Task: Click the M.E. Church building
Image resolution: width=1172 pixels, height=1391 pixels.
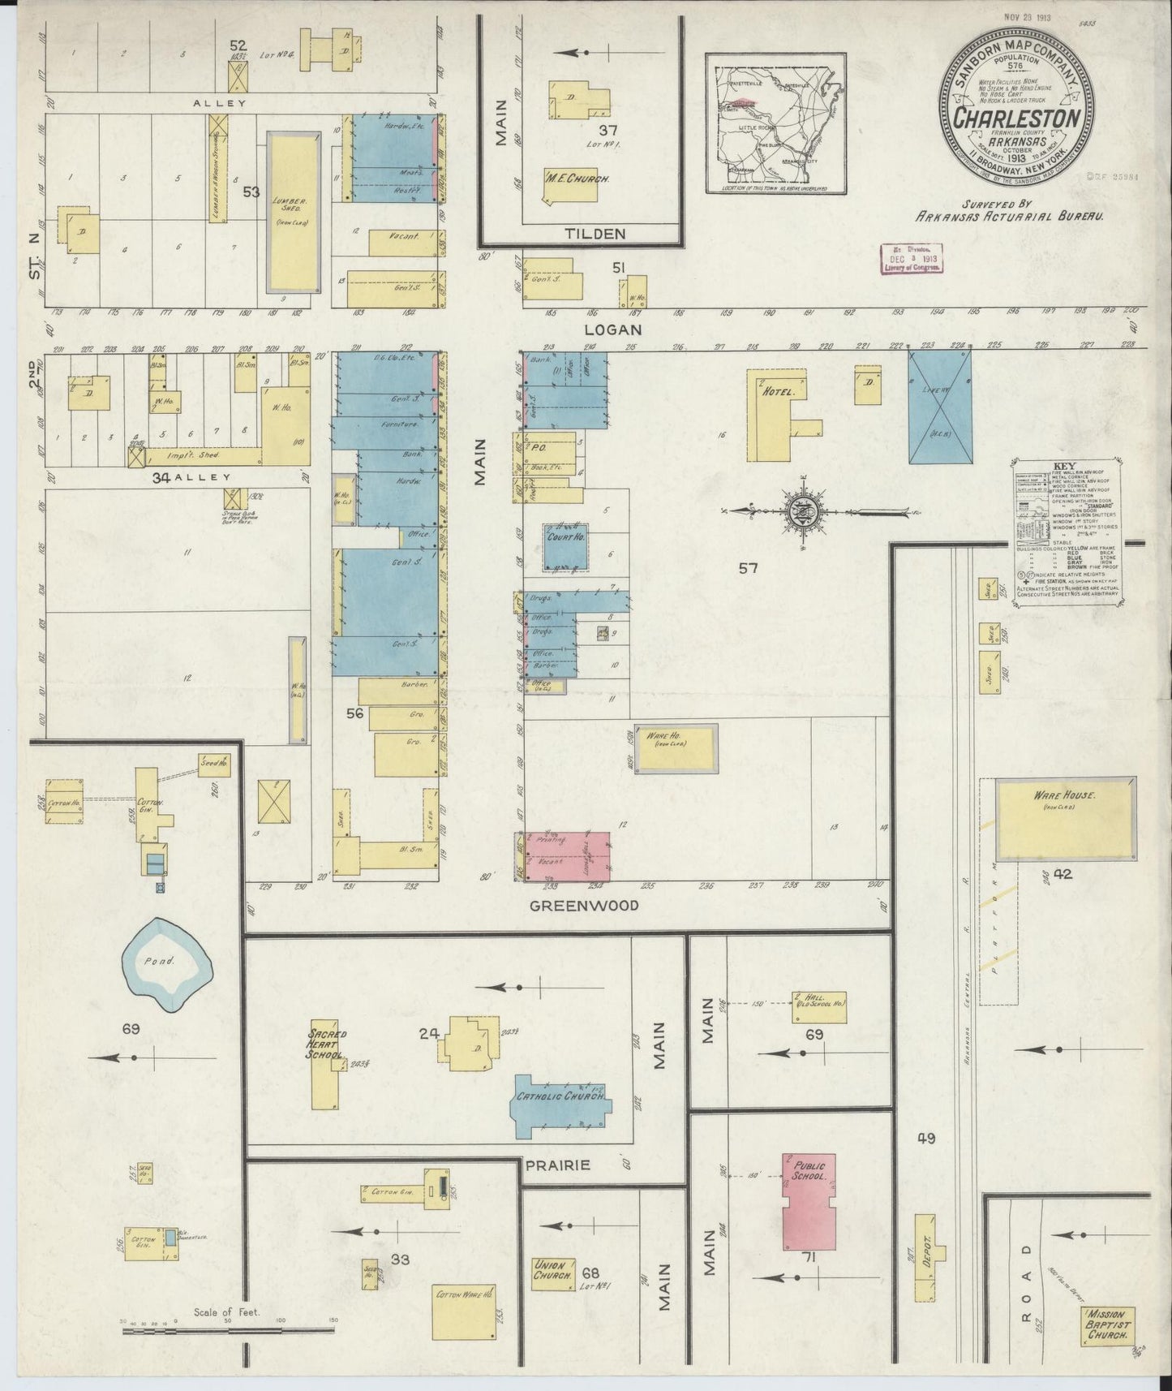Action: point(567,181)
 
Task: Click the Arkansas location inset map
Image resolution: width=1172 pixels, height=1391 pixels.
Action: point(775,123)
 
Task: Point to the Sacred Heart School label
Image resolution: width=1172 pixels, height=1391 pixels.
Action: point(326,1049)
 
